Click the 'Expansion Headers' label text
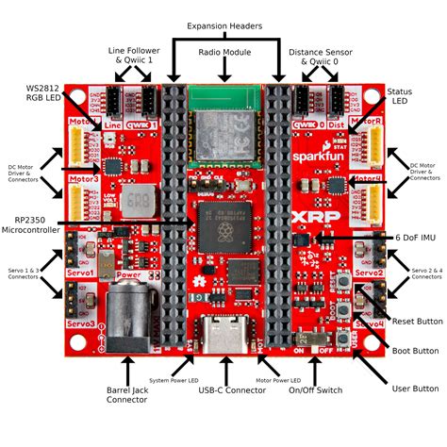click(224, 25)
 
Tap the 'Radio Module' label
click(223, 53)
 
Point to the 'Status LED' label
click(399, 97)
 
